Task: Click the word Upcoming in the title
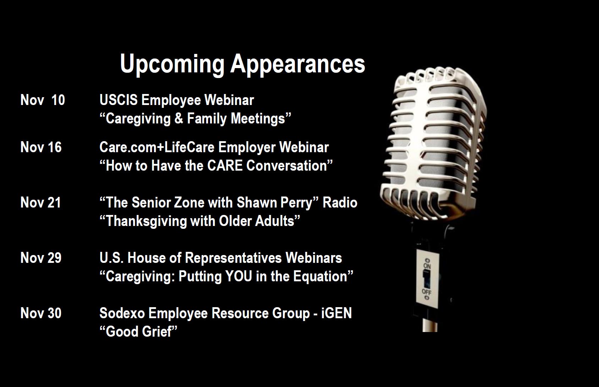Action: (x=172, y=64)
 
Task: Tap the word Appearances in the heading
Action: (x=298, y=64)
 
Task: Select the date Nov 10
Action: (x=43, y=100)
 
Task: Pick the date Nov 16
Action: (x=41, y=147)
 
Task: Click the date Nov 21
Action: (x=41, y=203)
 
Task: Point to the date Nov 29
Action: (x=41, y=258)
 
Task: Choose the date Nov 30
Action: (x=41, y=313)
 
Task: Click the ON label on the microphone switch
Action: (x=427, y=266)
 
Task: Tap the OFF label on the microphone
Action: (x=427, y=291)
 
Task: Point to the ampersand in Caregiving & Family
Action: (x=178, y=118)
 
